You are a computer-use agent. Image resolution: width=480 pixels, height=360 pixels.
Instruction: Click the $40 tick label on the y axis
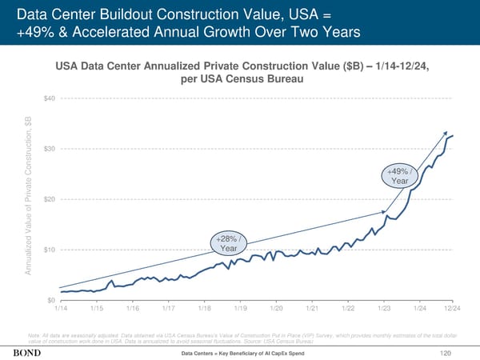49,98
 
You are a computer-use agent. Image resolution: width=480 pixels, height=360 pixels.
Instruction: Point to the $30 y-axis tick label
49,149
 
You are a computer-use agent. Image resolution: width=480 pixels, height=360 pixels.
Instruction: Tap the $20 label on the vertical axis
49,199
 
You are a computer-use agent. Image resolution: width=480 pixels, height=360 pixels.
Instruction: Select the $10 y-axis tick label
49,250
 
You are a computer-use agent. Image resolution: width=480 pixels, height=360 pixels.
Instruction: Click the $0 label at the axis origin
51,300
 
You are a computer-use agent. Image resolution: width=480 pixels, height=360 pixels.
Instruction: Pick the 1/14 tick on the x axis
61,308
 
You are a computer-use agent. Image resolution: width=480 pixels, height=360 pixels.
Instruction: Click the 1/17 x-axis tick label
169,308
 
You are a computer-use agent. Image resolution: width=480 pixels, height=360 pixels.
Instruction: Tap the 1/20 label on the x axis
276,308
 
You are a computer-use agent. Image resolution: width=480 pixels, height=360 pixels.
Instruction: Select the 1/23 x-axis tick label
383,308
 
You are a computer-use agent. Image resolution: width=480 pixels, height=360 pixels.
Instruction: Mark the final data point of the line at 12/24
454,135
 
